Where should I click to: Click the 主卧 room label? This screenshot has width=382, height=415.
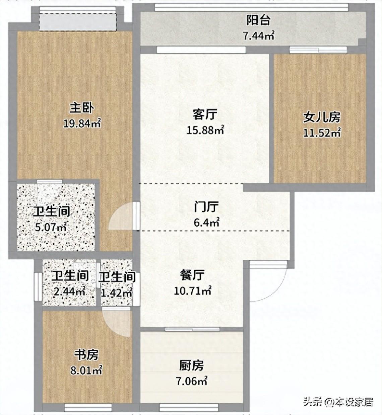click(x=82, y=108)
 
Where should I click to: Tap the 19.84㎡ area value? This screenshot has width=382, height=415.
click(x=82, y=123)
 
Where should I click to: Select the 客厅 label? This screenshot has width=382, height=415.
click(x=205, y=114)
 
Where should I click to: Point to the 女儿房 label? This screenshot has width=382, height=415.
click(x=322, y=117)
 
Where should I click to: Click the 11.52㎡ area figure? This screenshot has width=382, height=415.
click(x=322, y=133)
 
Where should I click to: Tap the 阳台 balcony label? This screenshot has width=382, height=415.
click(x=259, y=20)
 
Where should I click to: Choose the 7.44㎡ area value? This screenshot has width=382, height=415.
click(x=259, y=36)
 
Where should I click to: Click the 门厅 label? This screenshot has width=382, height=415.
click(x=206, y=207)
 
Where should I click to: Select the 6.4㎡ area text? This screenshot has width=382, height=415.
click(x=206, y=223)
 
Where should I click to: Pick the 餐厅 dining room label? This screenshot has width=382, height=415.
click(x=192, y=275)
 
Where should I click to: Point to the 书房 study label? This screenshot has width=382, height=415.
click(x=86, y=355)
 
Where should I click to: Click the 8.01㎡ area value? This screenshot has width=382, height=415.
click(x=86, y=370)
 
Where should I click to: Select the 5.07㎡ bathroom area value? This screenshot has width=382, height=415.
click(x=51, y=227)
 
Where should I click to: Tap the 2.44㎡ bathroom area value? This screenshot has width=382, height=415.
click(x=69, y=292)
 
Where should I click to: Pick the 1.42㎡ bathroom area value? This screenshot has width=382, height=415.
click(x=117, y=293)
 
